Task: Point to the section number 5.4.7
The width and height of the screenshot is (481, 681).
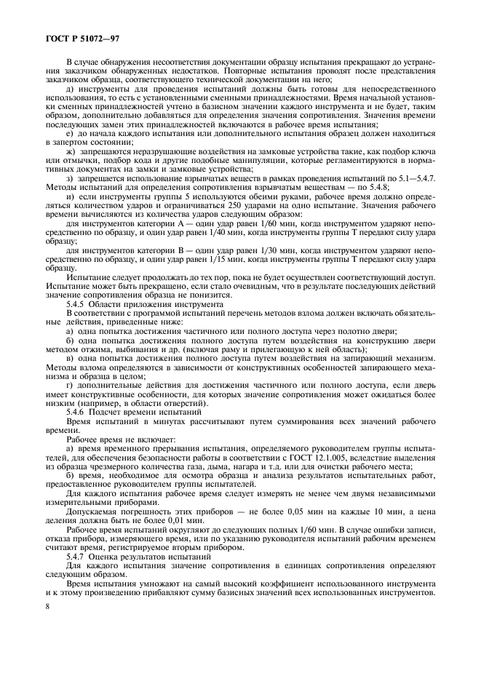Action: coord(77,557)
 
